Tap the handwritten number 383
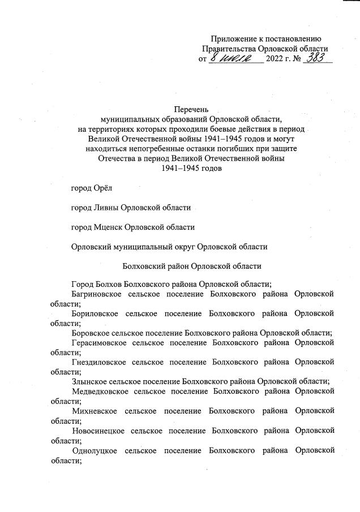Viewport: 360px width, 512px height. click(x=316, y=58)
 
